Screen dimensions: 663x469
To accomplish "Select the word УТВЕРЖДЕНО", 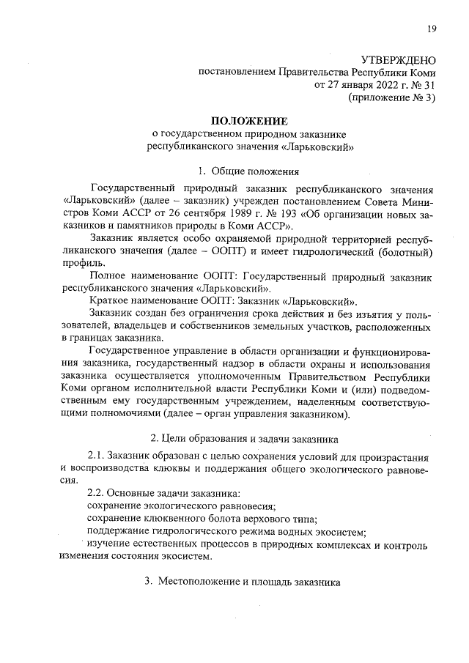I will point(399,60).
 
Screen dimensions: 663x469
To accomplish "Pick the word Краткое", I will point(109,301).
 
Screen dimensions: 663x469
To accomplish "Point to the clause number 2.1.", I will point(97,456).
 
